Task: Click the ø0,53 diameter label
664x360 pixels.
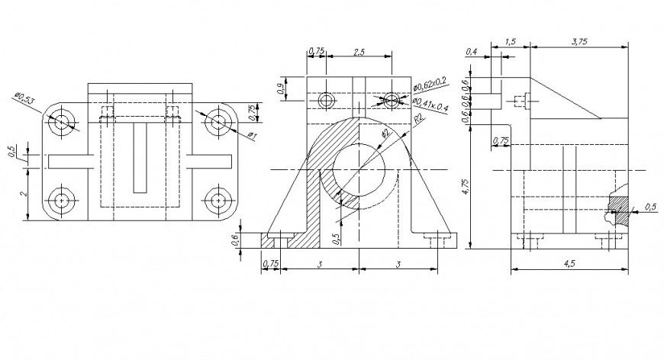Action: (x=25, y=98)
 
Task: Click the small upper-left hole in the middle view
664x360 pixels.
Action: (x=327, y=100)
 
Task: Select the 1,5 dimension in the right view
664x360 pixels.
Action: (x=511, y=43)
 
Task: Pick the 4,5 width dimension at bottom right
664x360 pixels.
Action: (x=569, y=263)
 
